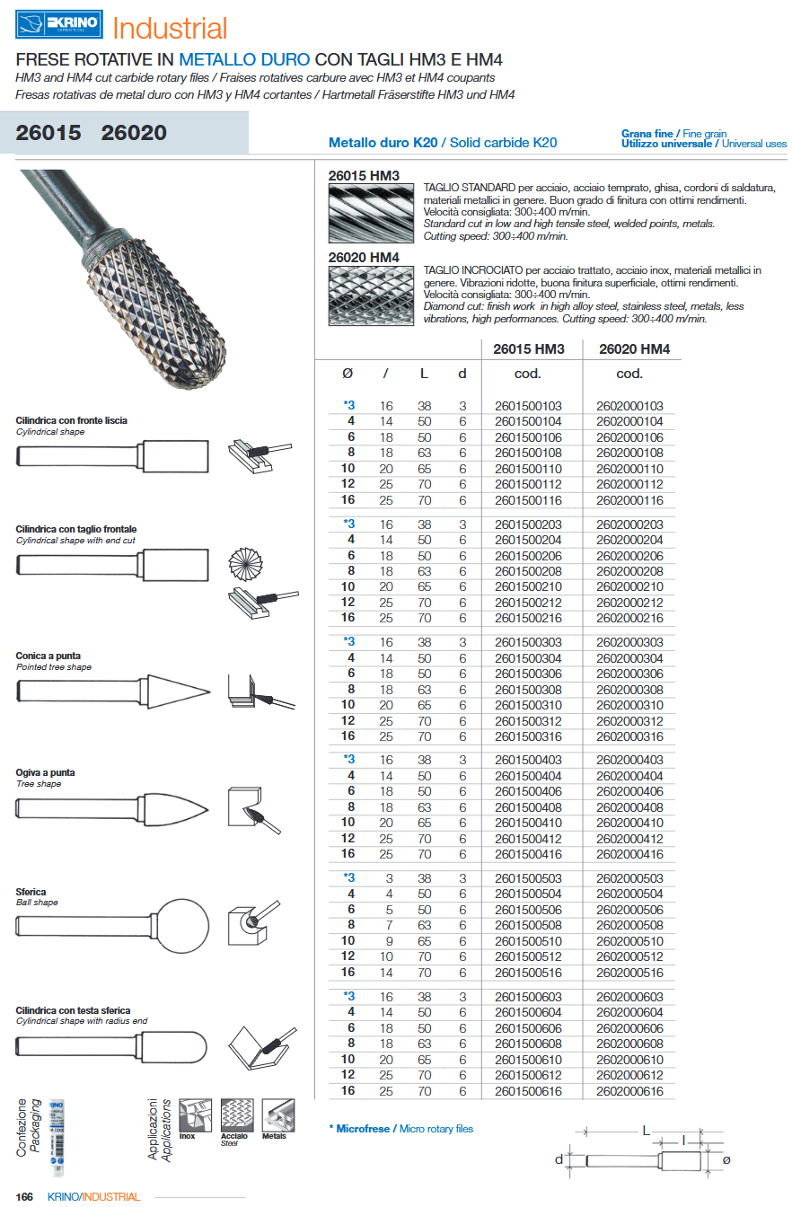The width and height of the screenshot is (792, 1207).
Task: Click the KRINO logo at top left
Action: coord(59,25)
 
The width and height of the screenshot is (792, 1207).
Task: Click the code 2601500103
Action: coord(528,406)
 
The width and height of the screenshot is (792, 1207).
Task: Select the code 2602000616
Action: coord(629,1090)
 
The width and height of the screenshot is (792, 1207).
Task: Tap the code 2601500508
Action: coord(528,925)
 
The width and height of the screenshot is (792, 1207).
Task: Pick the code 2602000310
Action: coord(629,705)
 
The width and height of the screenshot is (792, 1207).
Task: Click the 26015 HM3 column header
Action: coord(530,349)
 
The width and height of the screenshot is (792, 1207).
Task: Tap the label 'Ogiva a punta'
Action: coord(46,772)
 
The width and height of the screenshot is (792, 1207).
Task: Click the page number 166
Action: coord(24,1196)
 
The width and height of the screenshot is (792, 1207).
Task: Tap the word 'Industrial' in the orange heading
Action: coord(170,28)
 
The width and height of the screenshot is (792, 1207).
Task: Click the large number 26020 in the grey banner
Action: coord(134,133)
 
